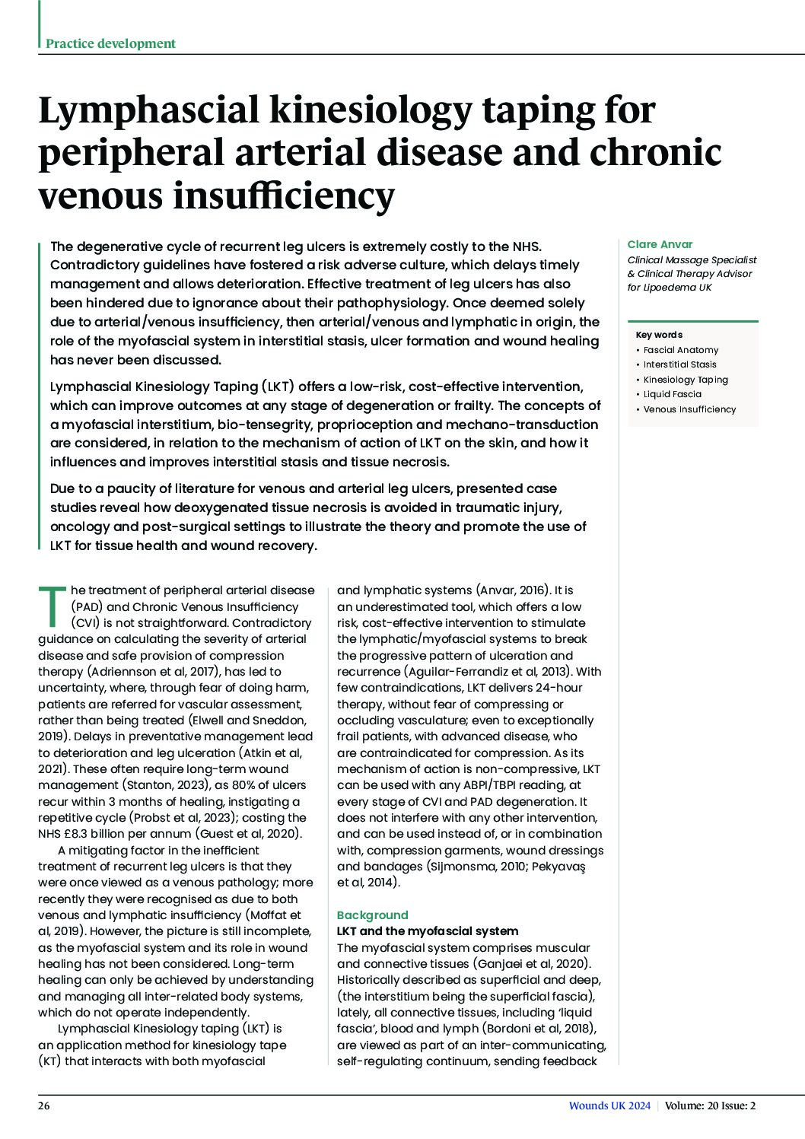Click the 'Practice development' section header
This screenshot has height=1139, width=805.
point(110,43)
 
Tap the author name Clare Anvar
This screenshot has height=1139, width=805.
point(660,244)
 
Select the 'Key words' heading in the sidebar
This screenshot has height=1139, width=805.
point(659,335)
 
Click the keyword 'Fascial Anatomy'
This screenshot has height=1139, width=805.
point(680,350)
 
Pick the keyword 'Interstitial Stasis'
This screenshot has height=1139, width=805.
point(679,364)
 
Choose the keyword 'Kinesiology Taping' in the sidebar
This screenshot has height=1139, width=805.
point(685,380)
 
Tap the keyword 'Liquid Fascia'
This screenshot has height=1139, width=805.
point(672,394)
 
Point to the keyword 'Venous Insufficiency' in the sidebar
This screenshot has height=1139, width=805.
point(689,409)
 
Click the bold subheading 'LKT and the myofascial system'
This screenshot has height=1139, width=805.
point(427,931)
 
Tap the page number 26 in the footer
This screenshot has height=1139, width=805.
point(44,1106)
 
